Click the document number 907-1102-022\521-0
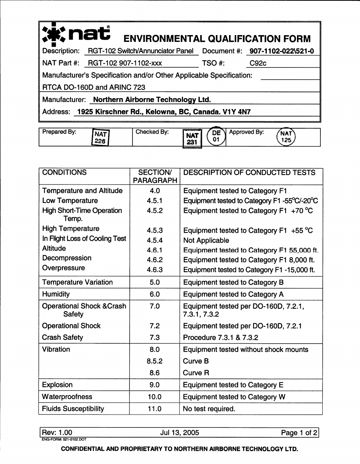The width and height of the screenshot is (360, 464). [282, 51]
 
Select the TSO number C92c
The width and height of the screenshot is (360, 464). [258, 63]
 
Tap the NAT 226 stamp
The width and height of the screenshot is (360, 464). [101, 137]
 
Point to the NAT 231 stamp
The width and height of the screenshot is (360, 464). [192, 138]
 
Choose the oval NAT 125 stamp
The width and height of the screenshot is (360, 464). [286, 137]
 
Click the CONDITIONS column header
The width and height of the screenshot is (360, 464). [65, 173]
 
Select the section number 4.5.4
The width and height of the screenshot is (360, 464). [154, 240]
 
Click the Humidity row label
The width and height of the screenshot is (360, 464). [56, 294]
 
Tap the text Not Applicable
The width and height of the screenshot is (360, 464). [206, 240]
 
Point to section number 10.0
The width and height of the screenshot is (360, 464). [154, 397]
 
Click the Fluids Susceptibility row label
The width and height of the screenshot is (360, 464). [73, 409]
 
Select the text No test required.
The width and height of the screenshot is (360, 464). [209, 409]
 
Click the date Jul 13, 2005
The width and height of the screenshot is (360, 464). [180, 433]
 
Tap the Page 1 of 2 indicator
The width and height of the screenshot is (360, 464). [299, 433]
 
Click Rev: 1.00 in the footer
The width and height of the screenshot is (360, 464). [57, 433]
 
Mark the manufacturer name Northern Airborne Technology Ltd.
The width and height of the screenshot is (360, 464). [152, 100]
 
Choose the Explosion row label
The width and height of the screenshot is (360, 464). [57, 385]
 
